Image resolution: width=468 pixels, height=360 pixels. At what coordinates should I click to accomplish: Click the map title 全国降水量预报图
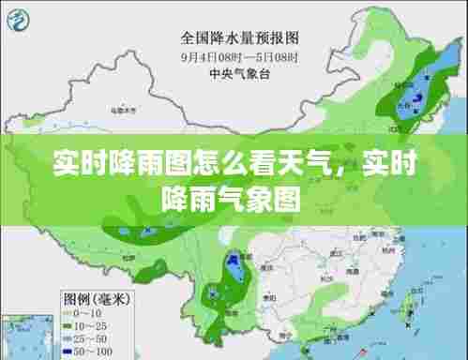point(239,38)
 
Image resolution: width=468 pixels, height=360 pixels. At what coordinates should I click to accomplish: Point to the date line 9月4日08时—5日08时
point(239,56)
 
